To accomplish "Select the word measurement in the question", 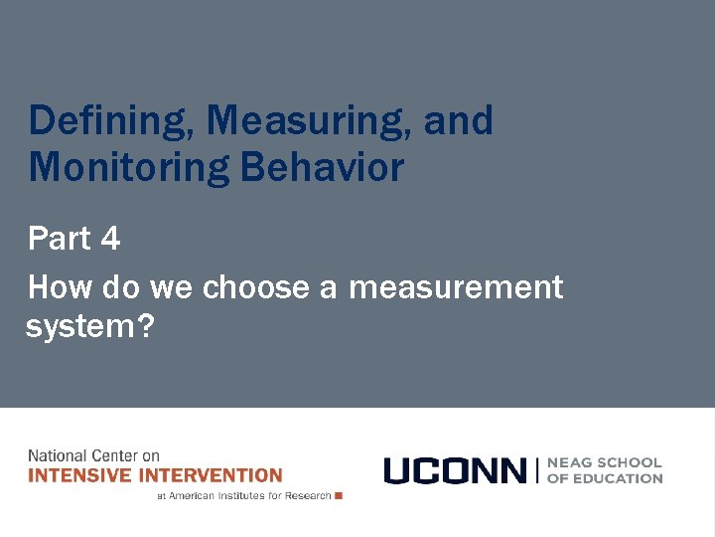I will (x=456, y=287).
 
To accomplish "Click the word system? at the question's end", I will (x=89, y=327).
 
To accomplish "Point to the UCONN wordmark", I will (x=455, y=470).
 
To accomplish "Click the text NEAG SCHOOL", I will (x=604, y=462).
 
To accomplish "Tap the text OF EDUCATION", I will (x=604, y=478).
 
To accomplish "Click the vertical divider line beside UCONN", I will (x=536, y=470).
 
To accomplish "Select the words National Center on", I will (x=93, y=455).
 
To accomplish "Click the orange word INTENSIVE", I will (x=78, y=475).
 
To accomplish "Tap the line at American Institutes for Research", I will (x=243, y=495).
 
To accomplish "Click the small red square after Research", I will (x=339, y=495).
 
